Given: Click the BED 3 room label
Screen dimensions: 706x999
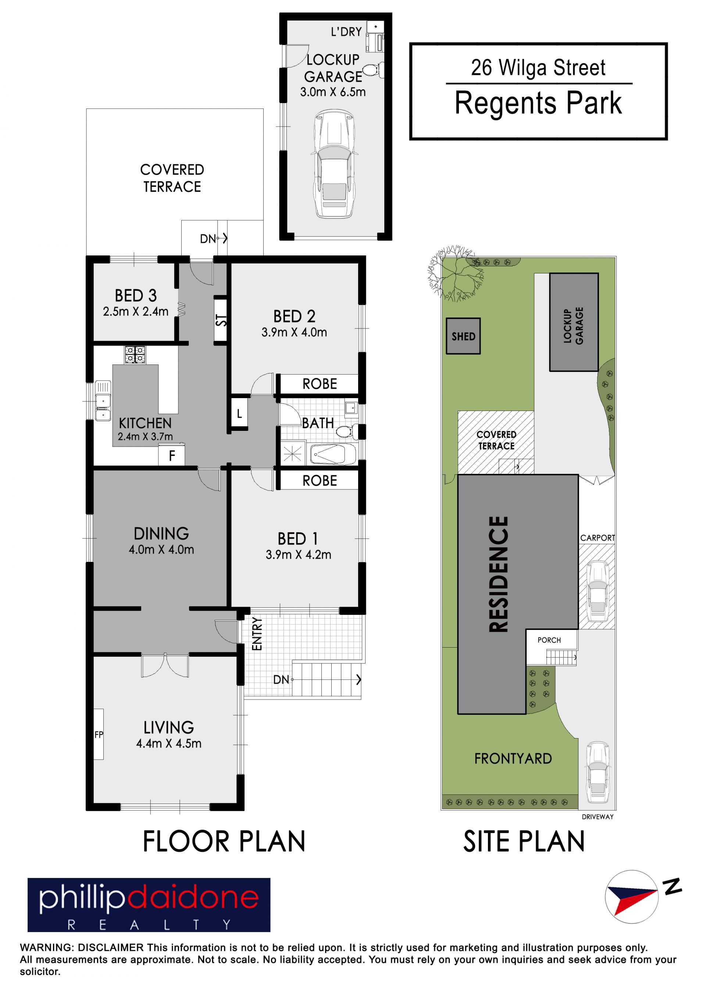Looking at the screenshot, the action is tap(136, 296).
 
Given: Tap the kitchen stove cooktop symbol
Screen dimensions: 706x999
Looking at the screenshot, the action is tap(136, 355).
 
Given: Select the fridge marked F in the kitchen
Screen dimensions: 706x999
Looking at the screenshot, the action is tap(172, 456).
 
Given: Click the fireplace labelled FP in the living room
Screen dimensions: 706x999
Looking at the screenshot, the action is tap(99, 734).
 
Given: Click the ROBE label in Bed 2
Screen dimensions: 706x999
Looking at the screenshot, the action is tap(320, 384).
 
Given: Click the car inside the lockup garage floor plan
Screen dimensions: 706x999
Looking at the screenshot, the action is tap(334, 164).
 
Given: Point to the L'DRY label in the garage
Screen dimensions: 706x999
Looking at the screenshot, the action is tap(346, 32).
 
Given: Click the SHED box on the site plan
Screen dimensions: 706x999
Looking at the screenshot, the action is tap(463, 336).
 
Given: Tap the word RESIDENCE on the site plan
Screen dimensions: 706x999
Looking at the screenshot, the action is tap(499, 574).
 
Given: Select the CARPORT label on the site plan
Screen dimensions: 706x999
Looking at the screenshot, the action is tap(597, 538).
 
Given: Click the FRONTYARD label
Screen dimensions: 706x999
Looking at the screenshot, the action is tap(513, 758).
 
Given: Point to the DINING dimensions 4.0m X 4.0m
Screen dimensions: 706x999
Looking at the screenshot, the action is tap(161, 549).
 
